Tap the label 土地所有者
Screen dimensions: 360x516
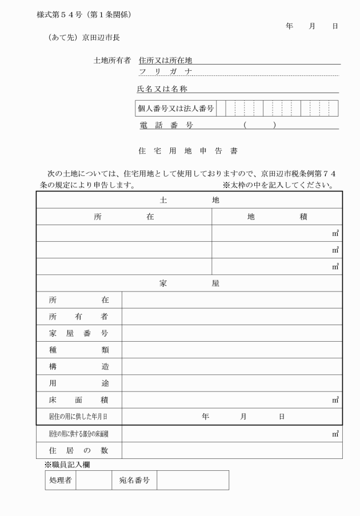click(112, 60)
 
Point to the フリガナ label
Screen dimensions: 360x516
click(165, 71)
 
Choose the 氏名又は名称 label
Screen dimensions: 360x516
click(162, 89)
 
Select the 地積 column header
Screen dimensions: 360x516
click(277, 217)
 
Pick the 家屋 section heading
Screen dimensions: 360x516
click(189, 283)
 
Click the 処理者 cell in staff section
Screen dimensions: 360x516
click(60, 480)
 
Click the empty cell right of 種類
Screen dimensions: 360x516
click(232, 350)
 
